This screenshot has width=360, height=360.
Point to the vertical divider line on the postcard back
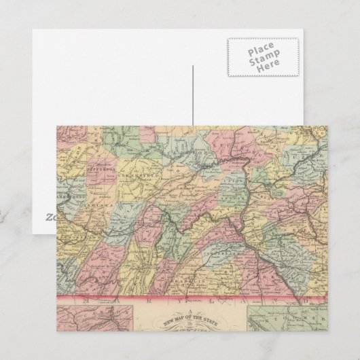192,95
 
